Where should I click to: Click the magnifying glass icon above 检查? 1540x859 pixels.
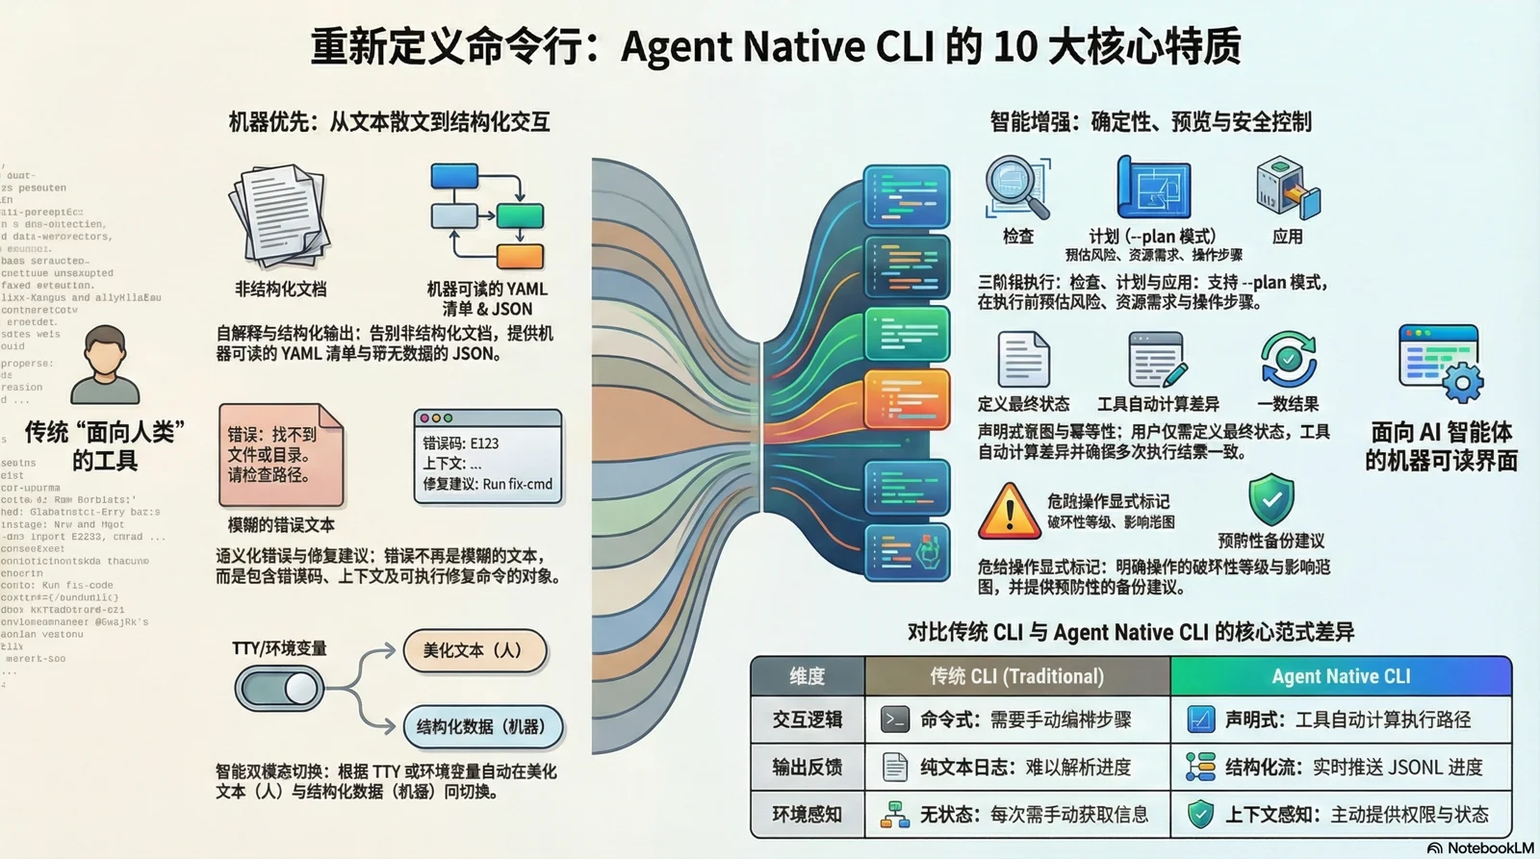click(1016, 189)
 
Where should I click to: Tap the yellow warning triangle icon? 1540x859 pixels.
click(1008, 511)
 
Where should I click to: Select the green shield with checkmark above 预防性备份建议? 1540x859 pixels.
click(1270, 499)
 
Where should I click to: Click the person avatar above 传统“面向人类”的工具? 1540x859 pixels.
click(105, 365)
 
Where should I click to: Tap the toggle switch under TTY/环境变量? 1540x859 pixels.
click(279, 688)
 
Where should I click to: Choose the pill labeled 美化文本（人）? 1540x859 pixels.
click(475, 650)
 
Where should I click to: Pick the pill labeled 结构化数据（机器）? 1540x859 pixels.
click(481, 726)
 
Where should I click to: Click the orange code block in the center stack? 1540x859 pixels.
click(906, 398)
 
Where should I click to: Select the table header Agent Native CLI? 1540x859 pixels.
click(1340, 676)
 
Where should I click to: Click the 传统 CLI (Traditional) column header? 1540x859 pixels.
click(1016, 676)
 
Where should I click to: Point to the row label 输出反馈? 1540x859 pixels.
click(807, 767)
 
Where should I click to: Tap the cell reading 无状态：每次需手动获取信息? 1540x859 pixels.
click(1016, 815)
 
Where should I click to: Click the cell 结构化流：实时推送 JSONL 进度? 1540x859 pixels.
click(1340, 767)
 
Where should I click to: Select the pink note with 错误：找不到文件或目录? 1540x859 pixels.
click(280, 455)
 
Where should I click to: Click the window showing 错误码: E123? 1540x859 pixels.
click(488, 457)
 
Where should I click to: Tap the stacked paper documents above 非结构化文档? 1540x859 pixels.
click(279, 216)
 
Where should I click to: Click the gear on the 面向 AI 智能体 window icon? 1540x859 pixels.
click(1463, 384)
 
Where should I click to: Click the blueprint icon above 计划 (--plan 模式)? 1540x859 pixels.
click(1152, 189)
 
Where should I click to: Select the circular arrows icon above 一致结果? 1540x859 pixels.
click(1288, 359)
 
